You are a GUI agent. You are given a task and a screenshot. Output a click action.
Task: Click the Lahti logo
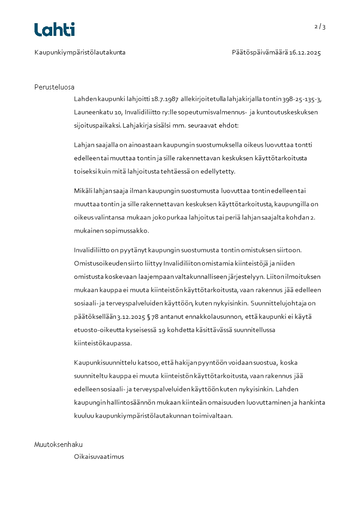(54, 30)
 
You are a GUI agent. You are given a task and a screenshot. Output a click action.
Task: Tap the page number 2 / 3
(320, 27)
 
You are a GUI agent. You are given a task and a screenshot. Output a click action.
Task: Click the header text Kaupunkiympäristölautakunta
(80, 53)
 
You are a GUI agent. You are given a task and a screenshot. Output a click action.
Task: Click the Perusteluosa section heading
(54, 87)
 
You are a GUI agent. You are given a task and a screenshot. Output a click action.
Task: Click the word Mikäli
(82, 191)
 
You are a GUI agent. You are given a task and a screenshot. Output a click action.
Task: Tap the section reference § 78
(154, 317)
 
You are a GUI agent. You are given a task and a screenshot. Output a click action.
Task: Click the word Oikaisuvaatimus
(99, 457)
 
